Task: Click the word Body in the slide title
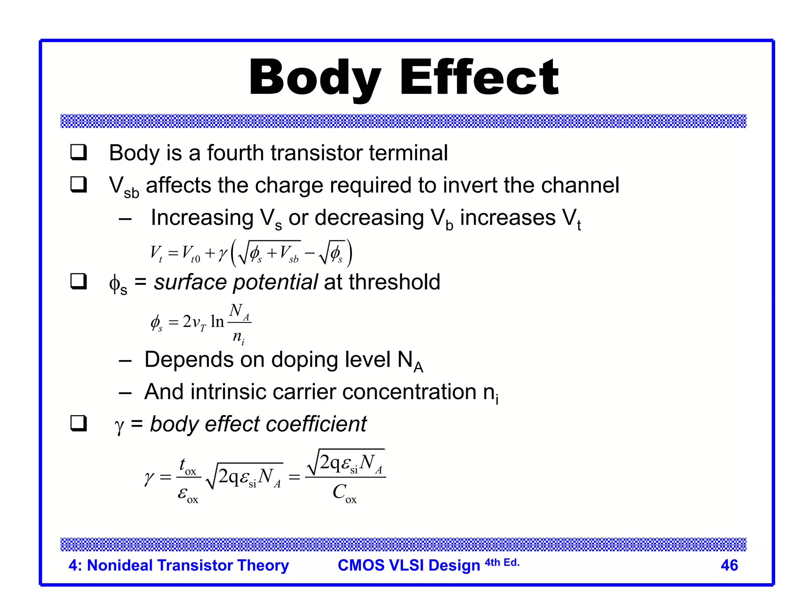pos(315,78)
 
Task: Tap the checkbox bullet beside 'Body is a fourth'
pos(78,152)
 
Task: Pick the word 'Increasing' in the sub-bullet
pos(202,218)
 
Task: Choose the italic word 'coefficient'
pos(316,424)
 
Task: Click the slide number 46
pos(729,565)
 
